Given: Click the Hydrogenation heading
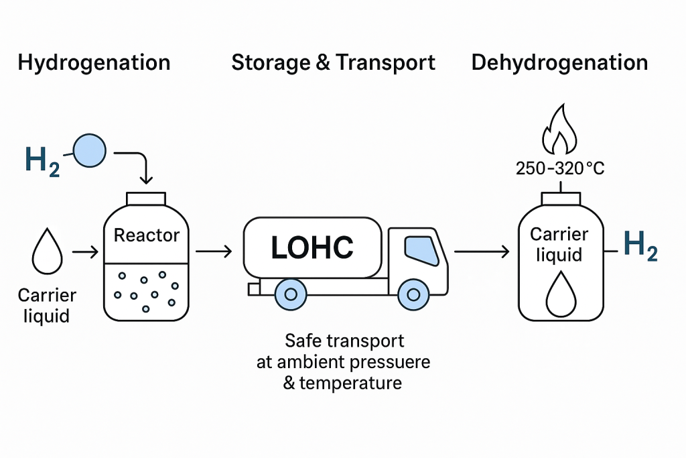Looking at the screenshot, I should pyautogui.click(x=94, y=63).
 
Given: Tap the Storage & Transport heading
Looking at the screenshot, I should pyautogui.click(x=333, y=63).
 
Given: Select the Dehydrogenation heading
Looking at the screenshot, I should pyautogui.click(x=559, y=63).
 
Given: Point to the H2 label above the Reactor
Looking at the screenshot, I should pyautogui.click(x=42, y=160).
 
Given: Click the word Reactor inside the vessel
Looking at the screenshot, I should pyautogui.click(x=147, y=235).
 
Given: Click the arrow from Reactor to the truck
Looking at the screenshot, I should pyautogui.click(x=214, y=252).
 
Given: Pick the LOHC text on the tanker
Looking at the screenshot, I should pyautogui.click(x=312, y=247).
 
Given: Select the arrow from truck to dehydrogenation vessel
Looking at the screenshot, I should pyautogui.click(x=480, y=252).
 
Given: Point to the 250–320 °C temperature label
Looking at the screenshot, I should pyautogui.click(x=560, y=168).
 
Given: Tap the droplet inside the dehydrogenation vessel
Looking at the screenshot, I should pyautogui.click(x=560, y=296).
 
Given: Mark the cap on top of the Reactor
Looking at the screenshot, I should pyautogui.click(x=147, y=198).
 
